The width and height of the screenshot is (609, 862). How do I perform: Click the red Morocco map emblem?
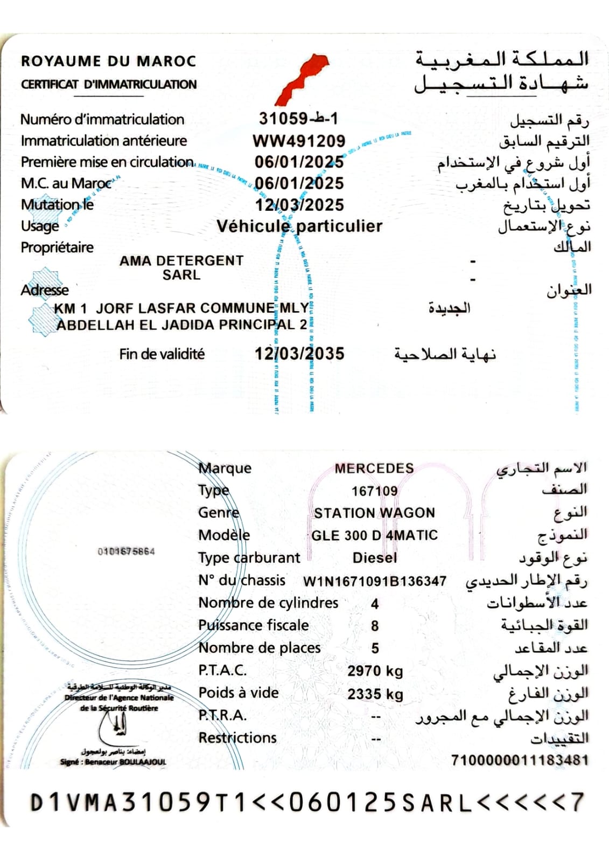303,78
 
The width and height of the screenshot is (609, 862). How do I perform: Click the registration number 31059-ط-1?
298,118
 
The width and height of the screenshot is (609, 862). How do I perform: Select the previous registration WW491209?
299,141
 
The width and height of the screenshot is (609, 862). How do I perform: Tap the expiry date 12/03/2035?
299,354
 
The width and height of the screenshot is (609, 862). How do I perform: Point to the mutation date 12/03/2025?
299,205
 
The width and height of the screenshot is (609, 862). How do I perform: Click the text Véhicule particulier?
299,226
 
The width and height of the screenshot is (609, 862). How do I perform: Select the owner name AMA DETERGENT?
181,260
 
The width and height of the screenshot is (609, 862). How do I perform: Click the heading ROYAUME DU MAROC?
108,61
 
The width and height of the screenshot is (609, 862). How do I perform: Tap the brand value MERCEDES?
374,468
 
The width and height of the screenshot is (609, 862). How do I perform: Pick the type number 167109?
374,491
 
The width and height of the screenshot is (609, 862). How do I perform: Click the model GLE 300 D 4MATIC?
374,535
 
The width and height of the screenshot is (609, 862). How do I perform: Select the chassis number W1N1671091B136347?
374,581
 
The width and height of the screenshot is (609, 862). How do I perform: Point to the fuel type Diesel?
374,558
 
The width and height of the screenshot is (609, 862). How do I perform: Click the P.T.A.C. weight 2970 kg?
375,671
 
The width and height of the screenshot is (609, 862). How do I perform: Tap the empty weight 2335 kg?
375,694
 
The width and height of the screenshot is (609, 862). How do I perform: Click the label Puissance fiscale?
253,625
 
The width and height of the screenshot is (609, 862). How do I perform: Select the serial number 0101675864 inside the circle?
126,551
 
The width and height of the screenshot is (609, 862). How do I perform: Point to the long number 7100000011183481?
520,760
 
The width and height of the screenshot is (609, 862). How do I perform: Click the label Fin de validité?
162,354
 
